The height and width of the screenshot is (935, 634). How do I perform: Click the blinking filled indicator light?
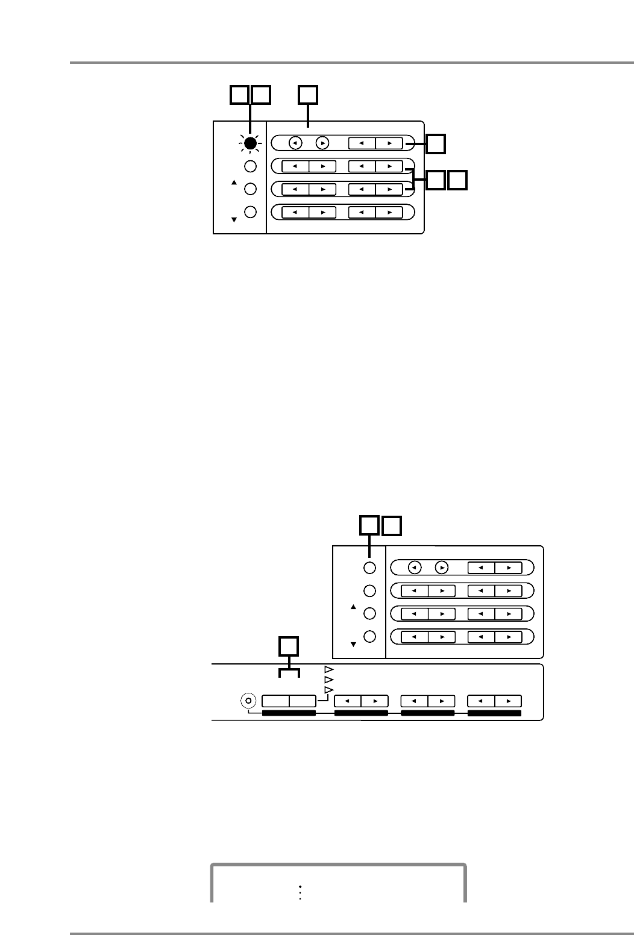[x=251, y=143]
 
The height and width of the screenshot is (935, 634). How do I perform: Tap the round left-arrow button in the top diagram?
[x=295, y=143]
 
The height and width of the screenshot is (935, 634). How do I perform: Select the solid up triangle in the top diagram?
[x=234, y=181]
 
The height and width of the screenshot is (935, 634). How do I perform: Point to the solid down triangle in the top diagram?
[x=234, y=220]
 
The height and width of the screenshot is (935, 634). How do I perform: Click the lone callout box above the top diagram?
[x=309, y=95]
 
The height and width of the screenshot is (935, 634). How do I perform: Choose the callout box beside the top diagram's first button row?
[x=437, y=143]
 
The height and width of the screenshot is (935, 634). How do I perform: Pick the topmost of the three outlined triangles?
[x=328, y=669]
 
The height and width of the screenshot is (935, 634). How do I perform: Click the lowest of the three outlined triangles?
[x=328, y=689]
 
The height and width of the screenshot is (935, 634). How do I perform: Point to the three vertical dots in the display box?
[x=300, y=893]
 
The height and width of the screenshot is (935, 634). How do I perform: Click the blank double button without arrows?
[x=289, y=701]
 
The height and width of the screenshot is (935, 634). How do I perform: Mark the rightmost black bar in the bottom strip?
[x=494, y=714]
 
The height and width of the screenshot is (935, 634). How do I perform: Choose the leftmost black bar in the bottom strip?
[x=289, y=714]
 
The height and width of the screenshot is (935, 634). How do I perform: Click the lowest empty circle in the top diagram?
[x=251, y=212]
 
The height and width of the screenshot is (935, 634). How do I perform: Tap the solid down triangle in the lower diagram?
[x=354, y=645]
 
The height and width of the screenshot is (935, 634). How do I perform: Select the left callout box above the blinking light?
[x=239, y=95]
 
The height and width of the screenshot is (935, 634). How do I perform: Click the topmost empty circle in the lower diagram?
[x=370, y=568]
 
